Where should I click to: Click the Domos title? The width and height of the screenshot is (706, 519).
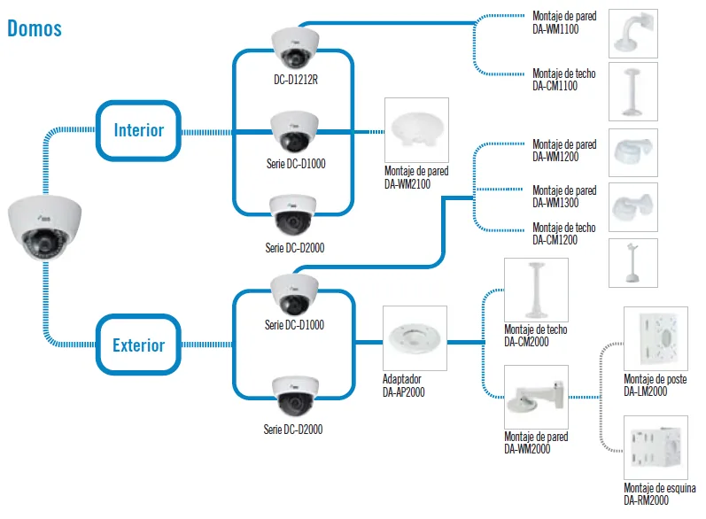click(35, 28)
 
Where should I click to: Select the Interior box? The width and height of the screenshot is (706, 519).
click(139, 130)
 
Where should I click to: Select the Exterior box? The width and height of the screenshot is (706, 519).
click(139, 345)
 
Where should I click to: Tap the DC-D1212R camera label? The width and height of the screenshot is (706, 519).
click(296, 80)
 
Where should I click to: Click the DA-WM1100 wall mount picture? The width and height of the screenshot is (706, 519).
click(633, 34)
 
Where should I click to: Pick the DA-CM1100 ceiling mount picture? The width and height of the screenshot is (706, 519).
click(633, 91)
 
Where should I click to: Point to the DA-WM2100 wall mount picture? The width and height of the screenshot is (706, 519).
click(416, 130)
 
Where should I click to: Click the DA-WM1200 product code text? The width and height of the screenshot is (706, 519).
click(555, 157)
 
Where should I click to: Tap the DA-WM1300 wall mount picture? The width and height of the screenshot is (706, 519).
click(633, 207)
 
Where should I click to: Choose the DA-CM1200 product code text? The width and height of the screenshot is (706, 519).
click(555, 240)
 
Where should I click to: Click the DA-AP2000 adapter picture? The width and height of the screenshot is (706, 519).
click(415, 338)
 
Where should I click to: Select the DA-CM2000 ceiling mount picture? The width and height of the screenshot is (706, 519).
click(536, 290)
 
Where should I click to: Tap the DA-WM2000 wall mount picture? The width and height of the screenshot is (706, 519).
click(536, 397)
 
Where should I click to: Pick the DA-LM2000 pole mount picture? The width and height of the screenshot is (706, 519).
click(656, 338)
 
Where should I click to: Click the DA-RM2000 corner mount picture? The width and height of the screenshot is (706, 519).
click(656, 447)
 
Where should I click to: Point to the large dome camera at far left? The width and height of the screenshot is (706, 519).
click(44, 228)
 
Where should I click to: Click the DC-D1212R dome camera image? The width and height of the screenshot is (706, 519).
click(295, 48)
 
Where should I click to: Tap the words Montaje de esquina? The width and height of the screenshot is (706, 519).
click(660, 488)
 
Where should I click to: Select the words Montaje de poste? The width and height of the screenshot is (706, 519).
click(656, 379)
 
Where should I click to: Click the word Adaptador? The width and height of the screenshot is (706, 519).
click(402, 379)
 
